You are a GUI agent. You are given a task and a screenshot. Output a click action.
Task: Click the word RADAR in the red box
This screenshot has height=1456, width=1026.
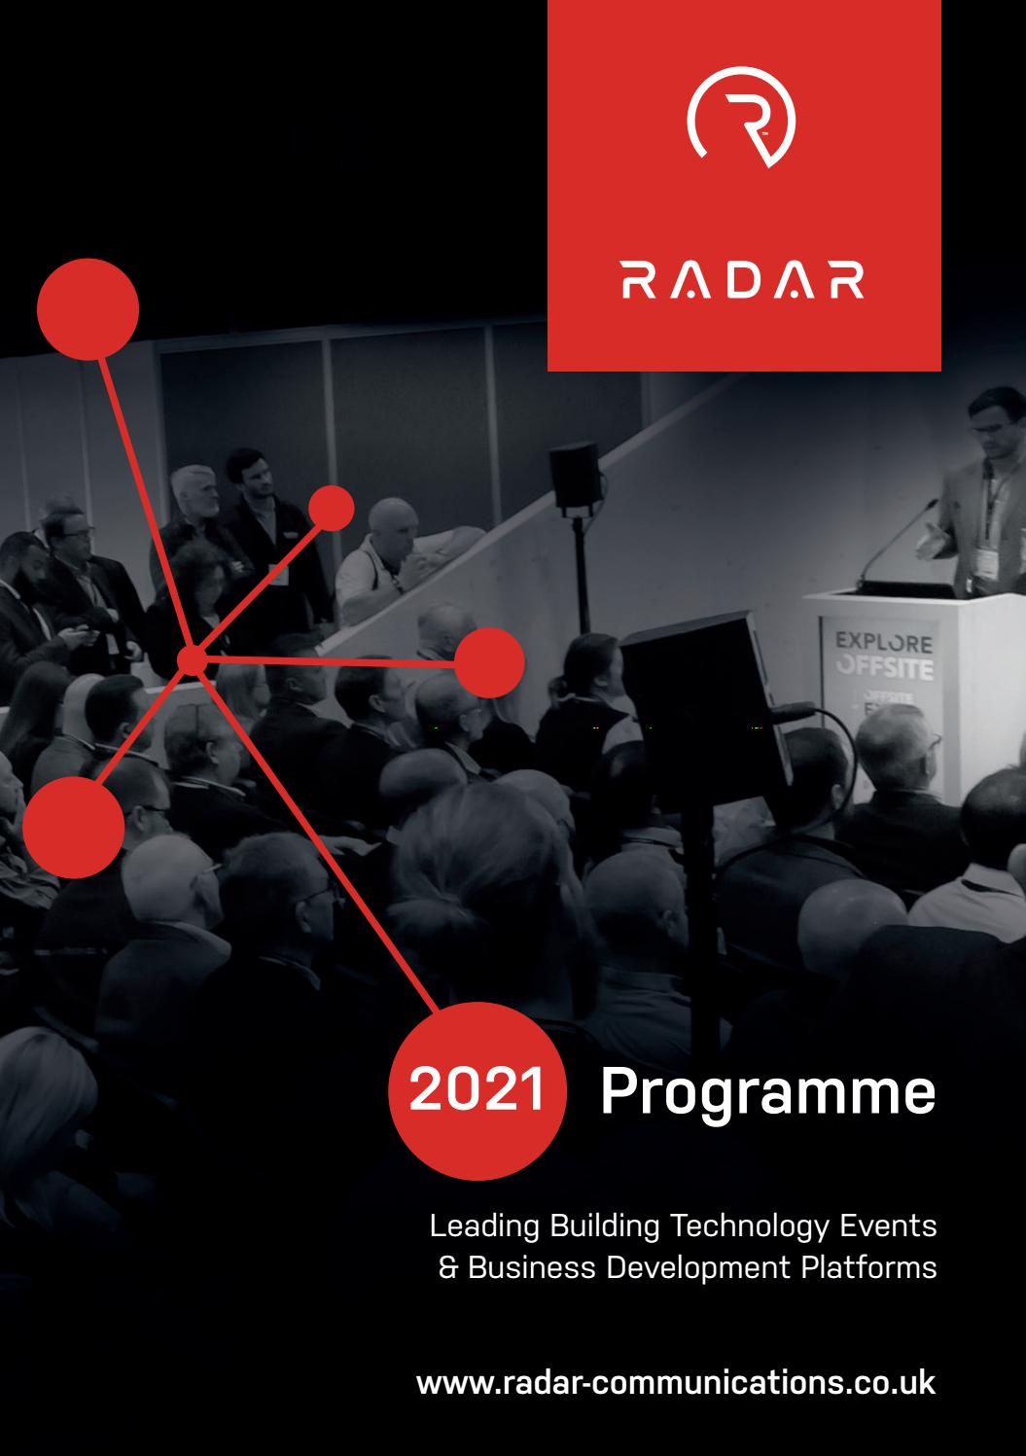pos(743,279)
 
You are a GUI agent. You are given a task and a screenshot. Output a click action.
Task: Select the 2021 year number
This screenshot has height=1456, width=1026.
pos(477,1090)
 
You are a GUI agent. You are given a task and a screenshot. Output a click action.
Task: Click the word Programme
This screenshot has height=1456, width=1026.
pos(767,1092)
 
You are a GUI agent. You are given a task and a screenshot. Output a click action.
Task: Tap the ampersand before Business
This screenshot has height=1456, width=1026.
pos(448,1268)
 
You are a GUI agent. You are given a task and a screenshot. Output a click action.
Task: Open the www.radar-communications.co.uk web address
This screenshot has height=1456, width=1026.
pos(676,1382)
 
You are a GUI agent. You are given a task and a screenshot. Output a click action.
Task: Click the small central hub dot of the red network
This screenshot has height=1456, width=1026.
pos(192,660)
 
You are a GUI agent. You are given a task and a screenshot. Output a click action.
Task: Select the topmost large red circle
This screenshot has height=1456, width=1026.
pos(88,309)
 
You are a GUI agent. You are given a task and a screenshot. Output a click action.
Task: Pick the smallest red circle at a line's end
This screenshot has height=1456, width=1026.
pos(331,508)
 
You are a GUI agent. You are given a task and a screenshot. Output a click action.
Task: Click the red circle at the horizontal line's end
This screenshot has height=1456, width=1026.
pos(489,662)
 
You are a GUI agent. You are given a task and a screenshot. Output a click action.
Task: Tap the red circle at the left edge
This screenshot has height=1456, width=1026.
pos(74,827)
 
